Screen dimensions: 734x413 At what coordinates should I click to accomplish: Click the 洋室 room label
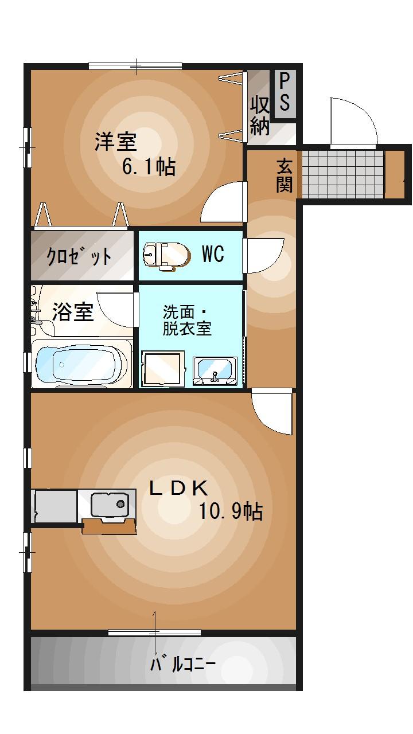pyautogui.click(x=115, y=141)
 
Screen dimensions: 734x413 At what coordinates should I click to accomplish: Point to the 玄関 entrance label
pyautogui.click(x=284, y=175)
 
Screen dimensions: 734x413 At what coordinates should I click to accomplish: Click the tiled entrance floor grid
pyautogui.click(x=342, y=174)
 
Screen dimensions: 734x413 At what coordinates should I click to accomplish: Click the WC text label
pyautogui.click(x=212, y=254)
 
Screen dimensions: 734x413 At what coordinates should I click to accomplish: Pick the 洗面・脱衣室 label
pyautogui.click(x=187, y=321)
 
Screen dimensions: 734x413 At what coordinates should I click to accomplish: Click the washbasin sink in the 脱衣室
pyautogui.click(x=215, y=370)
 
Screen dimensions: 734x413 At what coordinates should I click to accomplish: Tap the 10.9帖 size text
pyautogui.click(x=231, y=510)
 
